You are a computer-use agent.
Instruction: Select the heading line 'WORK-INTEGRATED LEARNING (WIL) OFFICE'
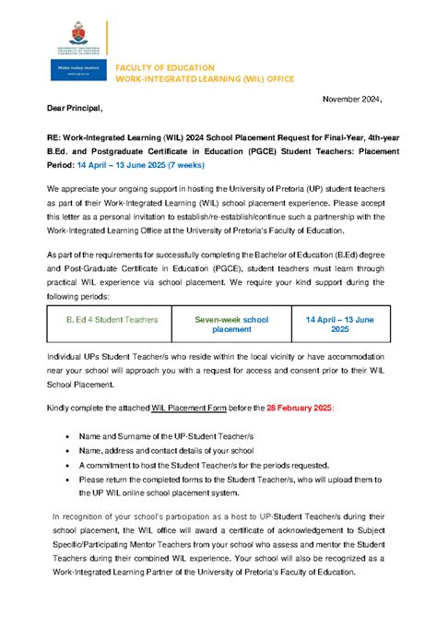pyautogui.click(x=204, y=79)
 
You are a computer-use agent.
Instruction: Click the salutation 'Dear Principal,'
pyautogui.click(x=80, y=109)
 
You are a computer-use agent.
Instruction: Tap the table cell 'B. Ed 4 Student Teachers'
pyautogui.click(x=112, y=319)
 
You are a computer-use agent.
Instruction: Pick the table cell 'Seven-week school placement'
pyautogui.click(x=231, y=325)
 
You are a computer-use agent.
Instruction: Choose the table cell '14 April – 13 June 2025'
pyautogui.click(x=339, y=325)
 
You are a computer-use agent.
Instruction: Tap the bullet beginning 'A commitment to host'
pyautogui.click(x=197, y=465)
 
